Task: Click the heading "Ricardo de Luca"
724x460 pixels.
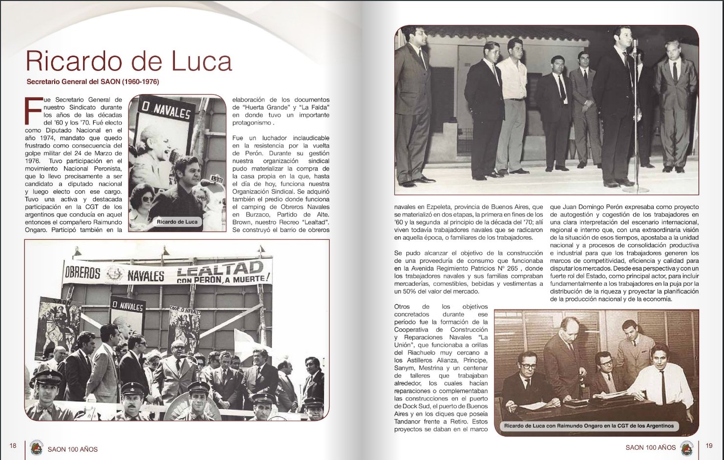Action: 128,62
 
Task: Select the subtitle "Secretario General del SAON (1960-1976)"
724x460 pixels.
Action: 92,82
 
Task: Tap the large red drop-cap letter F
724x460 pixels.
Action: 33,112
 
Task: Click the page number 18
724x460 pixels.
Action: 13,445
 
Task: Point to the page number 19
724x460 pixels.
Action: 709,445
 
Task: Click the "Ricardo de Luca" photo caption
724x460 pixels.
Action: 177,222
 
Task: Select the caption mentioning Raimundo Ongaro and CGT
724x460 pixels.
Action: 589,426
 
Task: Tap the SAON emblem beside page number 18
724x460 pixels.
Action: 36,448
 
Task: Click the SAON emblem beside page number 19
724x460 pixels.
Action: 687,447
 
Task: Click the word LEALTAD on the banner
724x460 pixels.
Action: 219,269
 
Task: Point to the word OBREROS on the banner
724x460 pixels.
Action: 83,272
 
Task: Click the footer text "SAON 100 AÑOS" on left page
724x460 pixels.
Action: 73,449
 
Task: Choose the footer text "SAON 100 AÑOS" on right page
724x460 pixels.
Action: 650,447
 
